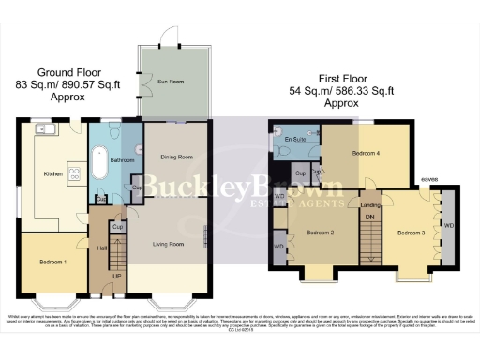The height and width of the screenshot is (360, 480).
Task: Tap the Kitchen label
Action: (x=52, y=173)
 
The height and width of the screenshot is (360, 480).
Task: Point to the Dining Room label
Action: (x=175, y=157)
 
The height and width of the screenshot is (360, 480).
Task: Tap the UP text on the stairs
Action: (x=116, y=277)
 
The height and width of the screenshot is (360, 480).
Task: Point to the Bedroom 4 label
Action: (x=366, y=150)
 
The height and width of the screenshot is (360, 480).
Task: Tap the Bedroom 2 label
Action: (x=320, y=228)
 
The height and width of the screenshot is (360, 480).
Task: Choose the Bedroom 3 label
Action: (x=411, y=232)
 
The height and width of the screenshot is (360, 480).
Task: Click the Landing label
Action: (x=370, y=204)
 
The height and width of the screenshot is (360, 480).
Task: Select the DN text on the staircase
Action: (x=369, y=217)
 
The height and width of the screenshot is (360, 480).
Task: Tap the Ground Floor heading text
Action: (x=68, y=72)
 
